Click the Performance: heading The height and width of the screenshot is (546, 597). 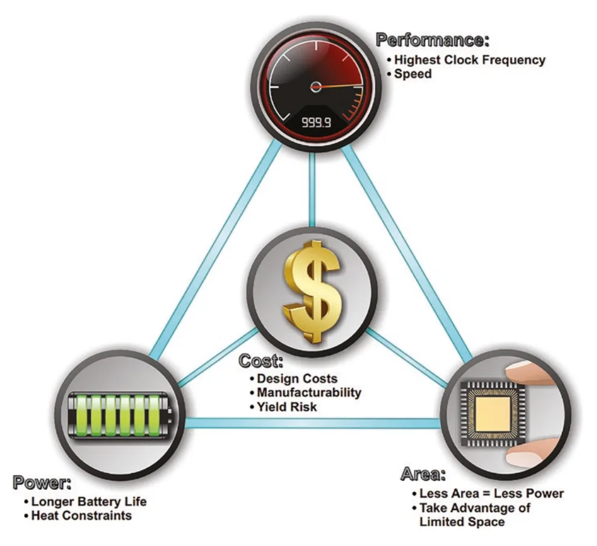pyautogui.click(x=432, y=40)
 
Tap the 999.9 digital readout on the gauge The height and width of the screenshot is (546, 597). pyautogui.click(x=317, y=123)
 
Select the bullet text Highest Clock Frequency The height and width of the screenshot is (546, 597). pyautogui.click(x=470, y=60)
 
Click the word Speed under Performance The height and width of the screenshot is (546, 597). pyautogui.click(x=413, y=74)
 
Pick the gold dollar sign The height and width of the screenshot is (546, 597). pyautogui.click(x=312, y=292)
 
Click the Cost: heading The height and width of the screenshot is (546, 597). pyautogui.click(x=261, y=361)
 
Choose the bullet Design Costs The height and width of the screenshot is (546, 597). pyautogui.click(x=297, y=379)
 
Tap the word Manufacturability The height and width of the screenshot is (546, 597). pyautogui.click(x=309, y=392)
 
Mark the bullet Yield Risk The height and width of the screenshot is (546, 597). pyautogui.click(x=286, y=406)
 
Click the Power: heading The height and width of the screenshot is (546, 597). pyautogui.click(x=42, y=483)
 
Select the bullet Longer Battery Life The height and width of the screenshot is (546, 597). pyautogui.click(x=89, y=501)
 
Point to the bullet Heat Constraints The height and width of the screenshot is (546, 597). pyautogui.click(x=82, y=516)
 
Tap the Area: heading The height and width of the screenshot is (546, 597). pyautogui.click(x=423, y=475)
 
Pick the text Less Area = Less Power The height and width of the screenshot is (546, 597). pyautogui.click(x=491, y=493)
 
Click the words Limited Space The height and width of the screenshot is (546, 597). pyautogui.click(x=462, y=521)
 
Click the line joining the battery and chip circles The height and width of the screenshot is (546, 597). pyautogui.click(x=313, y=423)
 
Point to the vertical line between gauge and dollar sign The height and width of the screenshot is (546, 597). pyautogui.click(x=312, y=189)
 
